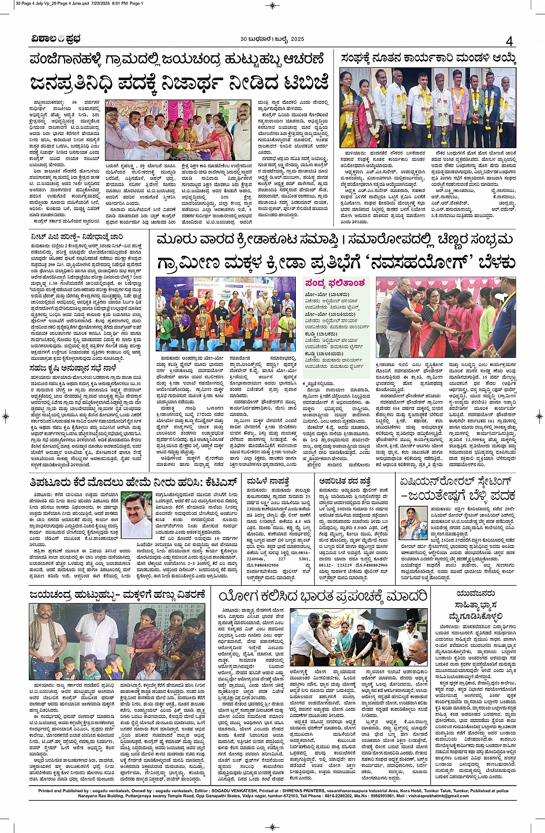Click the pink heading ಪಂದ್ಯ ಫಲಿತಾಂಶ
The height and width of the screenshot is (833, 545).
335,283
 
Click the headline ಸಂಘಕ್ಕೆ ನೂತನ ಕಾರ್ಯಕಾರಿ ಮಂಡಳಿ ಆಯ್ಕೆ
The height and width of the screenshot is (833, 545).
427,59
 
